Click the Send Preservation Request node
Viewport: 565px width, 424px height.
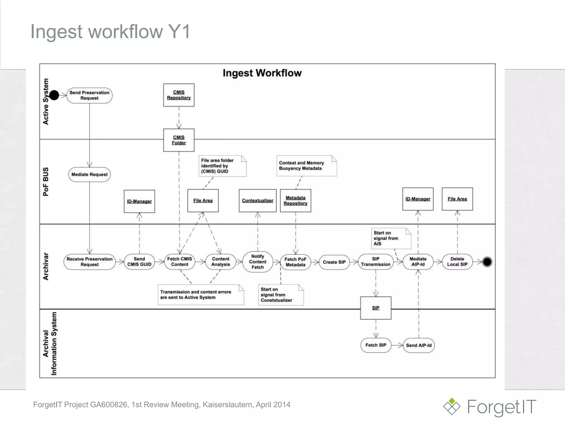coord(89,96)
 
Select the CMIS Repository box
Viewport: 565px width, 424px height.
coord(179,95)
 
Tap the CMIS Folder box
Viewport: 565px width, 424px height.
coord(179,140)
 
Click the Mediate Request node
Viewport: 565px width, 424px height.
coord(89,174)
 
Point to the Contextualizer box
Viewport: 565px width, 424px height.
coord(257,201)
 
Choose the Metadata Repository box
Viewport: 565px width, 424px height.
coord(295,201)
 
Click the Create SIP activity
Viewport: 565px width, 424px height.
coord(334,262)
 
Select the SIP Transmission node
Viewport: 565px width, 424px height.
coord(375,262)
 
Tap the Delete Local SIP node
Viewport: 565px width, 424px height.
coord(457,262)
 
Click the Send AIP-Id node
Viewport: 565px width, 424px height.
coord(419,345)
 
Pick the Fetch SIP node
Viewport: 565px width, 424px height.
coord(376,345)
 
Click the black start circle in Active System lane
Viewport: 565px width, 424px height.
coord(54,95)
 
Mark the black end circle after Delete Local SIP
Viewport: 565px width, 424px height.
coord(487,262)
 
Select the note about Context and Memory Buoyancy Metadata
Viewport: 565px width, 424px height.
coord(307,166)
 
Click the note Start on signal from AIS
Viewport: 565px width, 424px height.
coord(391,238)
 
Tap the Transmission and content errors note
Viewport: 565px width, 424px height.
coord(201,295)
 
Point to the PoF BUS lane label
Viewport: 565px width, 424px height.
coord(46,181)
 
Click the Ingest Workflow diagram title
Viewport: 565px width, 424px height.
coord(262,73)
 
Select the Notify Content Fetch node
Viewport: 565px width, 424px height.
coord(257,262)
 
